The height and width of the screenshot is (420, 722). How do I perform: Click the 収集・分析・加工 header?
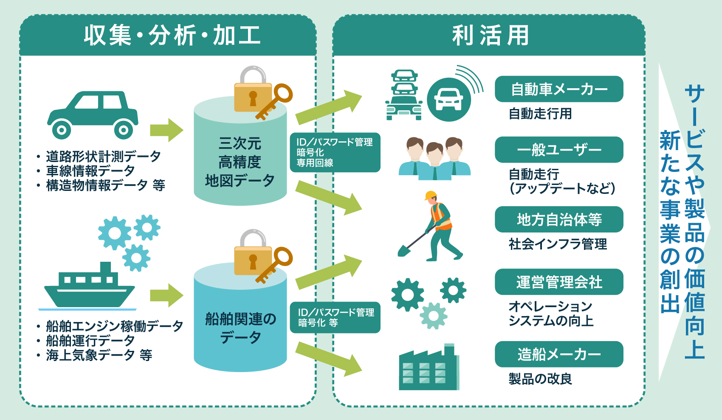coord(172,35)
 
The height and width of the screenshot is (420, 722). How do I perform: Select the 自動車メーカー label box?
coord(558,89)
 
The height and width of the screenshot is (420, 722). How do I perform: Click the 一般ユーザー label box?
coord(558,150)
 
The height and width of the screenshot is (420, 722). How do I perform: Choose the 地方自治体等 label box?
coord(558,219)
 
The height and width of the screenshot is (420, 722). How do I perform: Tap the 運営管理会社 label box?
coord(558,282)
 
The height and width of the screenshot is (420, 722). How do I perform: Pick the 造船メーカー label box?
coord(558,354)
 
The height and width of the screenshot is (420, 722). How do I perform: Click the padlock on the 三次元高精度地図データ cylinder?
coord(253,91)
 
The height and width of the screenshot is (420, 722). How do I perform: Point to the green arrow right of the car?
coord(166,130)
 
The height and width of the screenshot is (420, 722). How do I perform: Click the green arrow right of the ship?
coord(166,295)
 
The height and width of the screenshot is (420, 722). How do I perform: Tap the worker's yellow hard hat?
coord(431,195)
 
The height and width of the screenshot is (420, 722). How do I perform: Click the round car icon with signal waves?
coord(448,99)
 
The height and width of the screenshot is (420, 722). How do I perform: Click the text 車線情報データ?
coord(90,171)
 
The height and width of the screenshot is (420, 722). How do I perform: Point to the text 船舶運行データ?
coord(90,340)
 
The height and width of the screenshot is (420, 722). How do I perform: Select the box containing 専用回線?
coord(335,152)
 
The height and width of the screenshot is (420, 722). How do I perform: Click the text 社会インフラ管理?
coord(558,244)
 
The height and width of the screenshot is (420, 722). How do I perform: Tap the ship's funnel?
coord(105,268)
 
